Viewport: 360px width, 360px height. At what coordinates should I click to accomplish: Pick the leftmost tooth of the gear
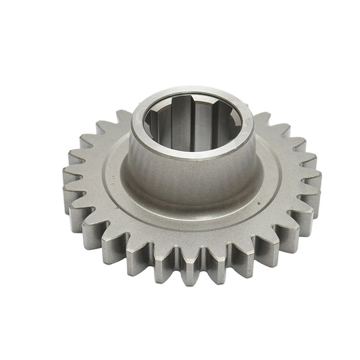click(x=72, y=186)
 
